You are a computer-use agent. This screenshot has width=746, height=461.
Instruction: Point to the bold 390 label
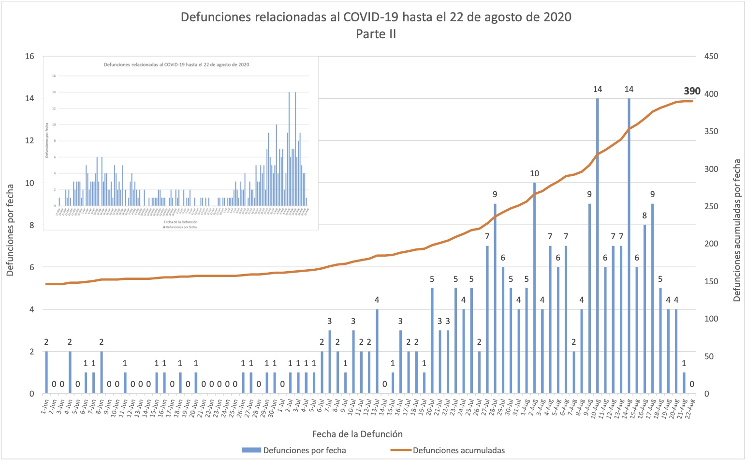(x=692, y=91)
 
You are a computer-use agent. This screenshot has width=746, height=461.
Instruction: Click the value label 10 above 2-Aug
(x=534, y=173)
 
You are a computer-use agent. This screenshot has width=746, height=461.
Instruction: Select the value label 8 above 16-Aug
(x=644, y=215)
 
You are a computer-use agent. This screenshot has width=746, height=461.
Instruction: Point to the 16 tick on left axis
(x=29, y=56)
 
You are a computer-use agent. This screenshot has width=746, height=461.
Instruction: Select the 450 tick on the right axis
(x=711, y=56)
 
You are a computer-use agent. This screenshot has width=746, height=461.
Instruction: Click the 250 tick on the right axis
(x=711, y=206)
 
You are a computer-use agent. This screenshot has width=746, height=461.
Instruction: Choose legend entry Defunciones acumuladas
(x=458, y=450)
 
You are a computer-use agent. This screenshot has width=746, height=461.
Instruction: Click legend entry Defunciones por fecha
(x=304, y=450)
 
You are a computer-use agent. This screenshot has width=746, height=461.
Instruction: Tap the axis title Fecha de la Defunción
(x=357, y=434)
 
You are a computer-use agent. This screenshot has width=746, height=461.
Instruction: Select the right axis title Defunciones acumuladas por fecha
(x=737, y=230)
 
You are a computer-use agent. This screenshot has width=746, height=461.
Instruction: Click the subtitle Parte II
(x=376, y=34)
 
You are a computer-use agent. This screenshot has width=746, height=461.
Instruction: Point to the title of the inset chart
(x=176, y=64)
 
